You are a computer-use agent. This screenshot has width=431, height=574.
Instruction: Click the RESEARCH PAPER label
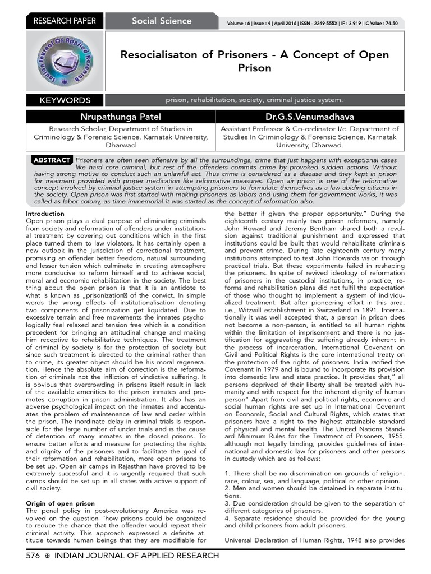(x=65, y=21)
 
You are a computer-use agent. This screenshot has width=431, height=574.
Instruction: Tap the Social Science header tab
(x=162, y=21)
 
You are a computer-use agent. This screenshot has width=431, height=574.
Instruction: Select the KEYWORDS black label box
(x=65, y=100)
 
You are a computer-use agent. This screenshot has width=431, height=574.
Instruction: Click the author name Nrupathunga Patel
(x=121, y=117)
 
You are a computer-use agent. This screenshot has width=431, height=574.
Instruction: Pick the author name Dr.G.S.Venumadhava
(x=310, y=117)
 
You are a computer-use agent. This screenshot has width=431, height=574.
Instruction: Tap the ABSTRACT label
(x=52, y=160)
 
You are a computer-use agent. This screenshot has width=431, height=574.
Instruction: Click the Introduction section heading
(x=45, y=214)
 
